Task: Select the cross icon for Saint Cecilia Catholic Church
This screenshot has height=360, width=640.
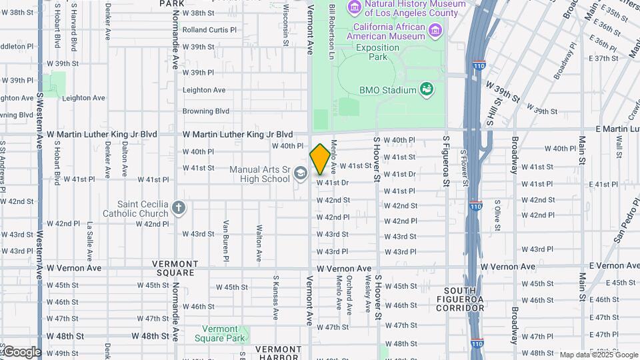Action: coord(178,207)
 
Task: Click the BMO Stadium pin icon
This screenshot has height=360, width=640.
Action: coord(427,89)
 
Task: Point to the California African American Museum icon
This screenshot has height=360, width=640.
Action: coord(435,30)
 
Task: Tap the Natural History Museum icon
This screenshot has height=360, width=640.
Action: coord(354,7)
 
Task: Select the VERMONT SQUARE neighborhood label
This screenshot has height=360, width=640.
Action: coord(175,268)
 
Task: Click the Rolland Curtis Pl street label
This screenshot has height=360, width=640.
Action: coord(209,30)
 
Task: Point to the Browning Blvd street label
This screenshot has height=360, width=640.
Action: coord(206,111)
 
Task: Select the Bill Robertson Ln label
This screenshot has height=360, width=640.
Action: coord(332,31)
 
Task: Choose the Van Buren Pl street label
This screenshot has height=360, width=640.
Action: coord(226,241)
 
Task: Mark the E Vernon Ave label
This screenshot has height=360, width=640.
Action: coord(609,267)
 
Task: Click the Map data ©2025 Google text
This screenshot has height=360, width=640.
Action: coord(598,355)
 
